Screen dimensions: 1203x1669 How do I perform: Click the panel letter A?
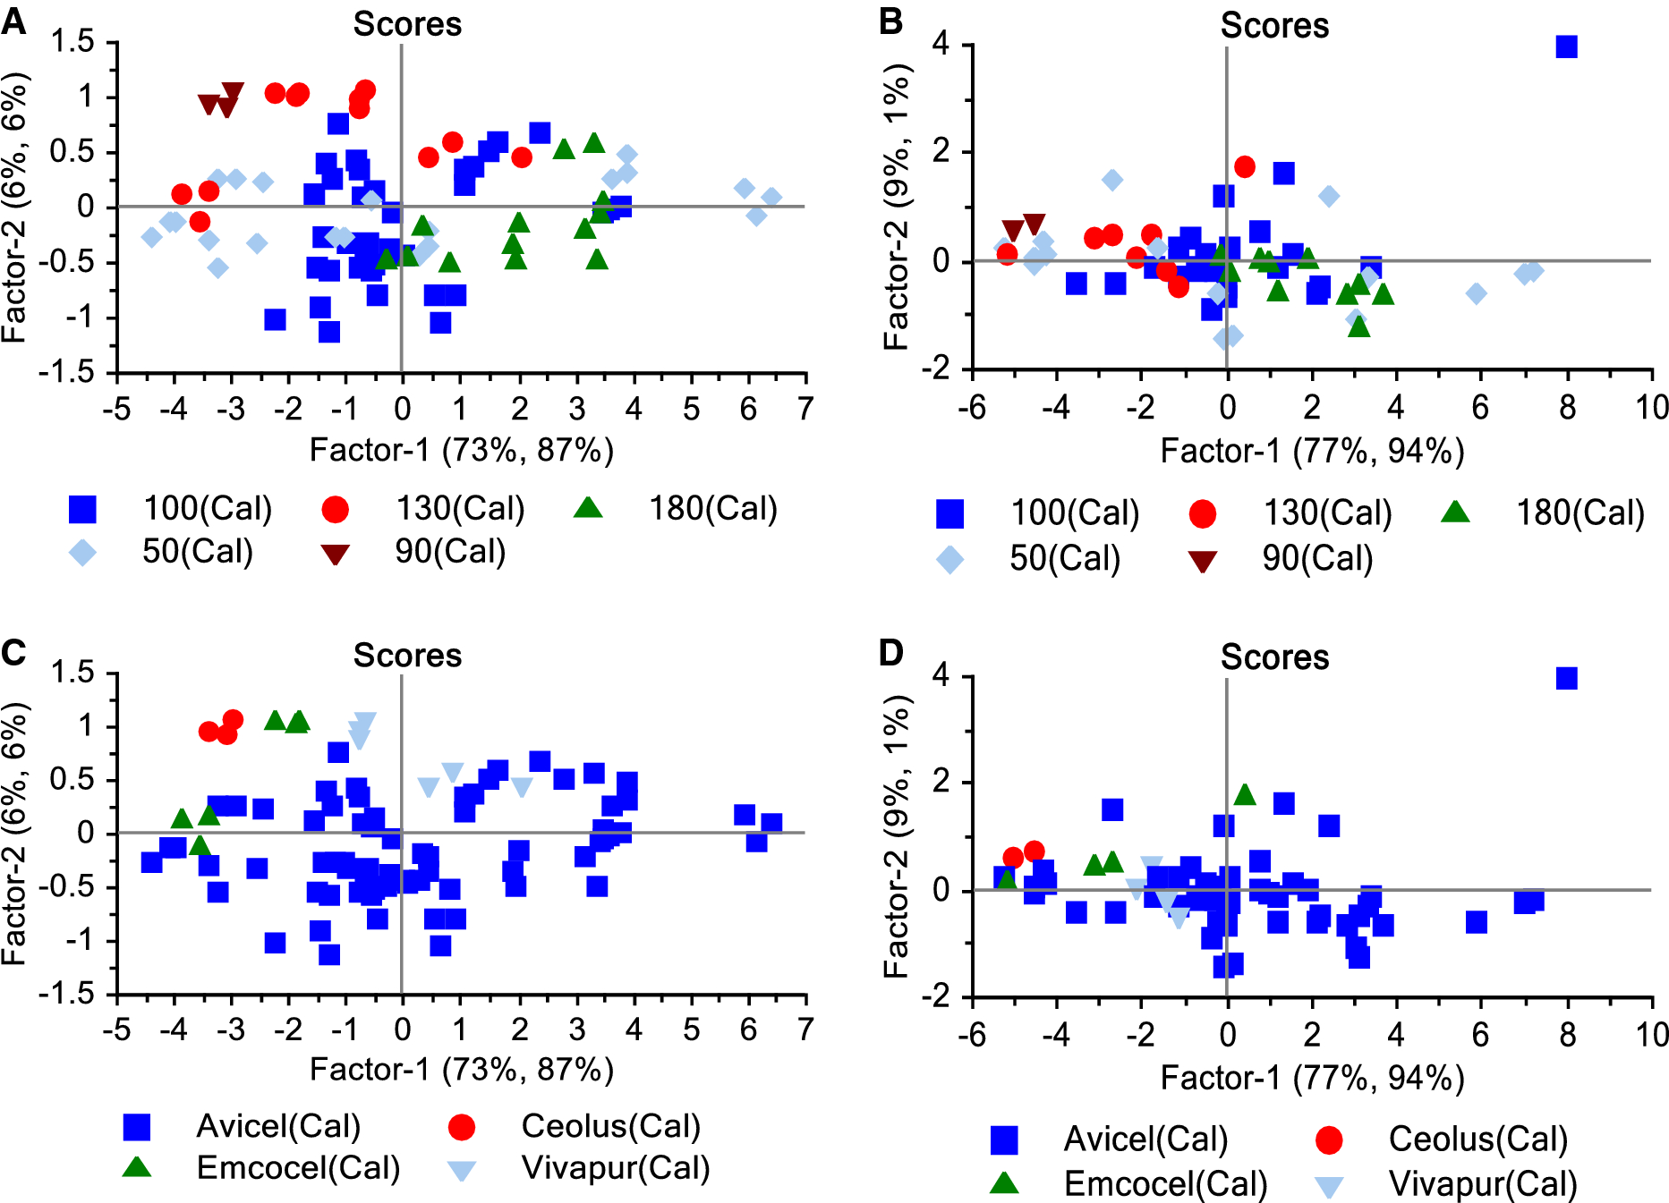(13, 21)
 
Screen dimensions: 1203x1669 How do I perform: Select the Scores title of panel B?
(1274, 26)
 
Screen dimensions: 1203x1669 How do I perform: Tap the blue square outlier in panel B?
(1566, 47)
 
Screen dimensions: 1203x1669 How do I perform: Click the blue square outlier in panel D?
(1566, 679)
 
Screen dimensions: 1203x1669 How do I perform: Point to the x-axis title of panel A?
(461, 450)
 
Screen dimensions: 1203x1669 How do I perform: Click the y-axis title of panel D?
(896, 835)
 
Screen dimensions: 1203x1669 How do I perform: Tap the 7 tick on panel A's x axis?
(805, 409)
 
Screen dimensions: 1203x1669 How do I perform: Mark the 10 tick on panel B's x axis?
(1652, 408)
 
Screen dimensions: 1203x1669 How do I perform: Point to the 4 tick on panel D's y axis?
(940, 676)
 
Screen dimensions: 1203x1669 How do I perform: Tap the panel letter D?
(891, 653)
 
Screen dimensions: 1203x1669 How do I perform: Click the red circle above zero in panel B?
(1244, 166)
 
